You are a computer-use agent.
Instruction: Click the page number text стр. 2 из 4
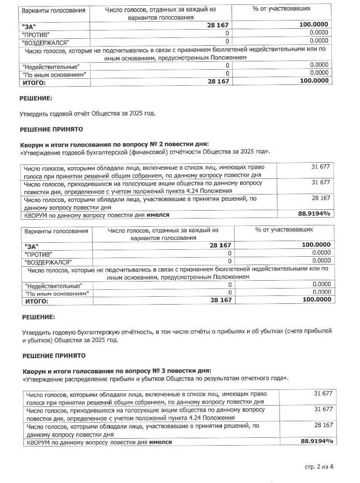[319, 467]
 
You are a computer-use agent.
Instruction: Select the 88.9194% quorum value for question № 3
[316, 441]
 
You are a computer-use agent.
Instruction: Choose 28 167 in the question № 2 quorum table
[321, 198]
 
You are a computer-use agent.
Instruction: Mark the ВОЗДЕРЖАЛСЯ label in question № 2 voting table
[48, 262]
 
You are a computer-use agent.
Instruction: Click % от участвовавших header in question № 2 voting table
[284, 230]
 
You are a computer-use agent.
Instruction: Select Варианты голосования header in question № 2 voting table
[56, 231]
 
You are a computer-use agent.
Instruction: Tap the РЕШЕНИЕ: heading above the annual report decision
[36, 99]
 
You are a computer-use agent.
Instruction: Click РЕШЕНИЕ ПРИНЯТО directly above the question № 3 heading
[54, 356]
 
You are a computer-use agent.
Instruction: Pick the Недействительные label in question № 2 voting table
[53, 286]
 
